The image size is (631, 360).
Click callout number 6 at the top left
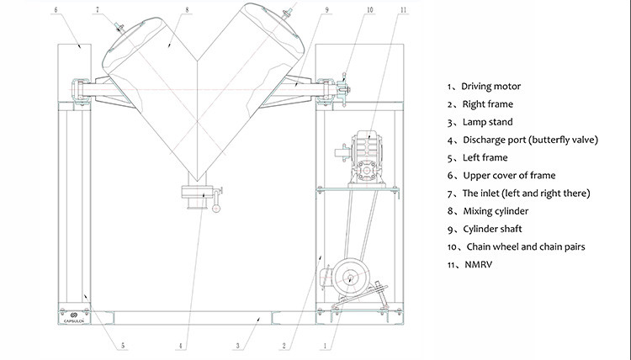pyautogui.click(x=56, y=10)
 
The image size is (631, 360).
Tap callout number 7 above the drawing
pyautogui.click(x=98, y=10)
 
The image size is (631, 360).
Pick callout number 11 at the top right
pyautogui.click(x=404, y=10)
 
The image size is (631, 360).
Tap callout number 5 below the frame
pyautogui.click(x=123, y=345)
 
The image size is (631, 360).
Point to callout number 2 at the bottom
pyautogui.click(x=285, y=345)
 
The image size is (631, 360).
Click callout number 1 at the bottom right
pyautogui.click(x=325, y=345)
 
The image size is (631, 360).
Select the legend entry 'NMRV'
pyautogui.click(x=476, y=264)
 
